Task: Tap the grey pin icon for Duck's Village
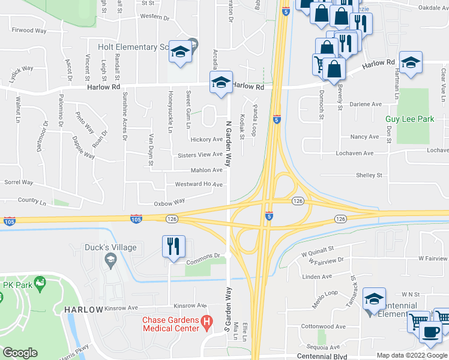pos(109,259)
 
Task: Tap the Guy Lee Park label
pos(409,119)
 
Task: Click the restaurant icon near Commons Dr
pos(173,246)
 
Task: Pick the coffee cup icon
pos(430,331)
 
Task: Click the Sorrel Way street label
pos(19,181)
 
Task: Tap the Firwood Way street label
pos(30,29)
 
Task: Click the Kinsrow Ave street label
pos(189,305)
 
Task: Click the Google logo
pos(20,353)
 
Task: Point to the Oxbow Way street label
pos(169,203)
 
